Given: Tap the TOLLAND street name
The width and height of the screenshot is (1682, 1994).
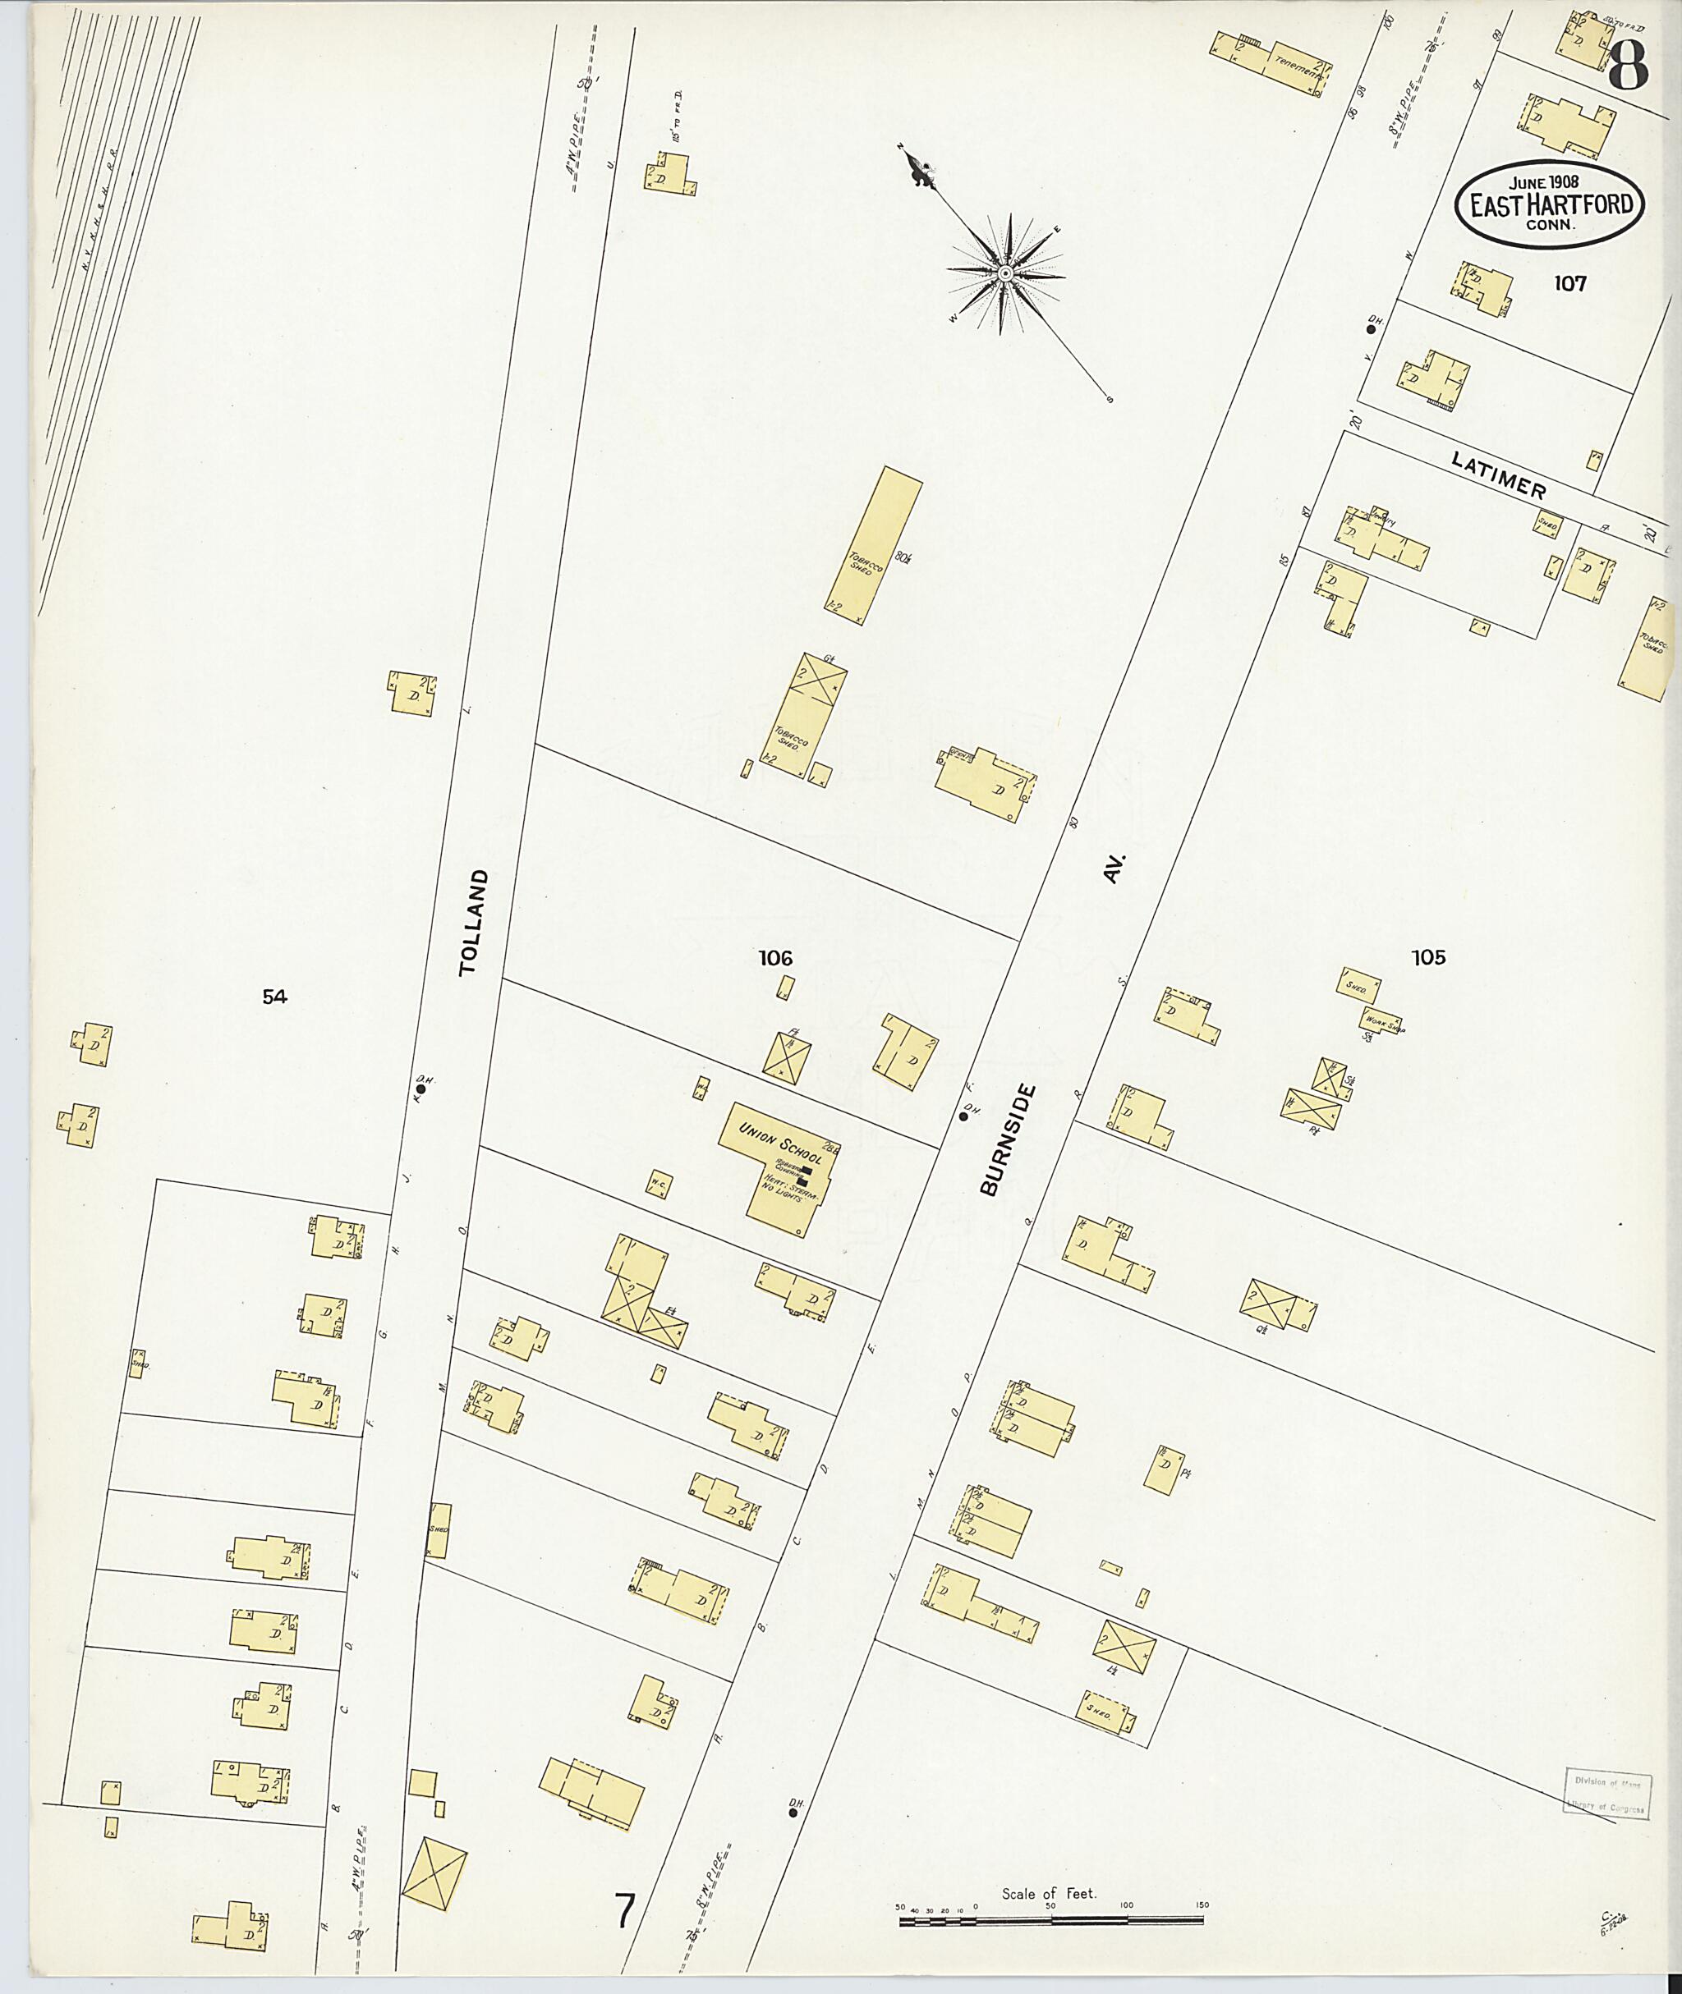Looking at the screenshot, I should point(474,922).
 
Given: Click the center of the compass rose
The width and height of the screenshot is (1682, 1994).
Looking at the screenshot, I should point(1005,274).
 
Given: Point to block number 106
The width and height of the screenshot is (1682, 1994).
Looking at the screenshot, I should point(775,958).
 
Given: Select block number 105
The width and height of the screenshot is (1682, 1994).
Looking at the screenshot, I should point(1427,958).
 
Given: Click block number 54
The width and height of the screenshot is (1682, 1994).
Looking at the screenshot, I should point(274,997).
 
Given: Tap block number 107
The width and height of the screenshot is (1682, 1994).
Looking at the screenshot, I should point(1569,283).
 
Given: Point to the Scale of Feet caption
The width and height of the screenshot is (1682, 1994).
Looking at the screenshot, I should point(1049,1865).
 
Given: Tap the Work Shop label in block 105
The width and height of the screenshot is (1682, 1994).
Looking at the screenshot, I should point(1382,1019).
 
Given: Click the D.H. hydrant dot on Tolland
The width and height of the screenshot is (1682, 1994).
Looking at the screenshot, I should point(420,1088).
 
